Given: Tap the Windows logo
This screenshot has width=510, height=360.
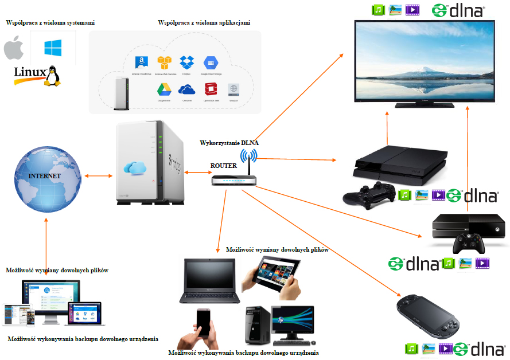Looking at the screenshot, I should pyautogui.click(x=53, y=48).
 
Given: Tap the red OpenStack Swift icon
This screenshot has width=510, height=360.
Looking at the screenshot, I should pyautogui.click(x=211, y=89).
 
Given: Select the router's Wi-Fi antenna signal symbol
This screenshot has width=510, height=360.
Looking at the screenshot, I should pyautogui.click(x=248, y=156).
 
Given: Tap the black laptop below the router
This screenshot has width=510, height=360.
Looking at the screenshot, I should pyautogui.click(x=209, y=281).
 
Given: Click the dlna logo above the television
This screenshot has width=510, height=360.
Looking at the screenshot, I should pyautogui.click(x=465, y=10).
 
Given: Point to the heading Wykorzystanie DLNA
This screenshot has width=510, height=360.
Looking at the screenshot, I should pyautogui.click(x=228, y=142).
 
